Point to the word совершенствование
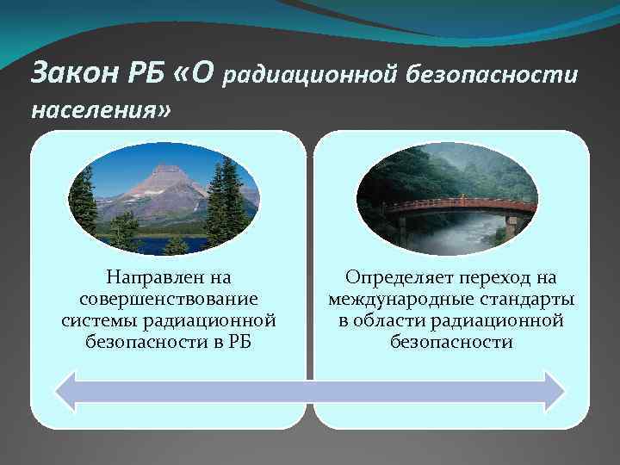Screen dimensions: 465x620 (169, 299)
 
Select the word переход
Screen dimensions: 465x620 (500, 277)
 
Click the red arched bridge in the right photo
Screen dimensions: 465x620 (456, 207)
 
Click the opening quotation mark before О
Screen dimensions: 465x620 (178, 75)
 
